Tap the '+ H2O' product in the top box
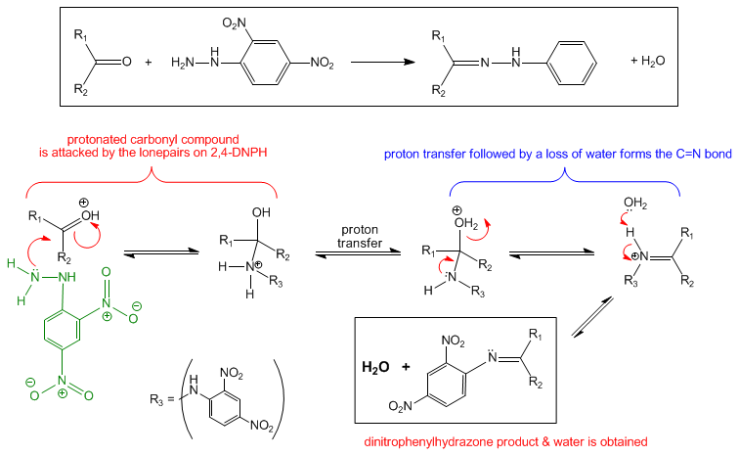coord(647,62)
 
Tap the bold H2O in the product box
coord(375,367)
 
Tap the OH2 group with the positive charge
coord(465,223)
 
